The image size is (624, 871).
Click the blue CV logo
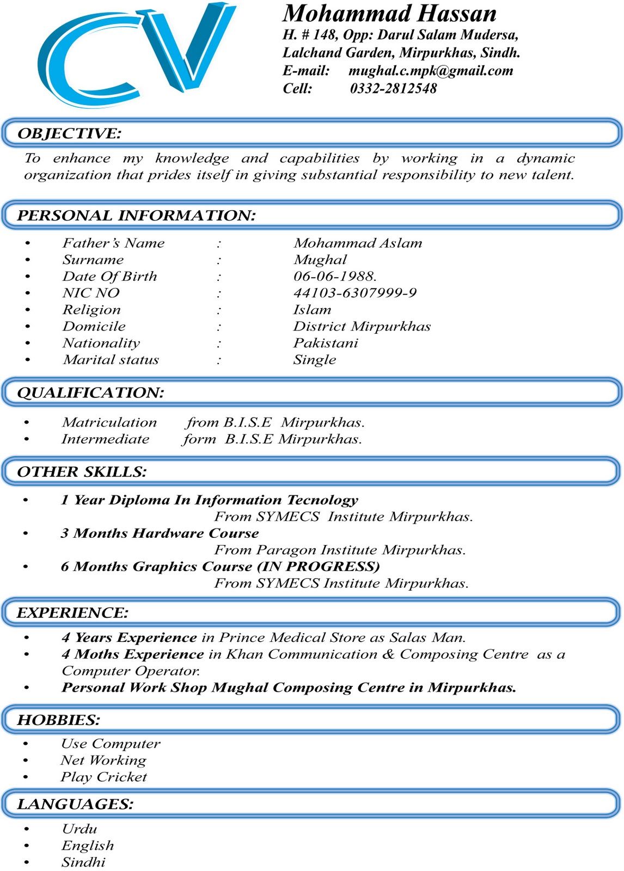click(x=136, y=54)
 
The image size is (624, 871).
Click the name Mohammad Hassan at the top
click(x=389, y=13)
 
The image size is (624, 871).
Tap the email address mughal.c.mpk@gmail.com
click(x=431, y=71)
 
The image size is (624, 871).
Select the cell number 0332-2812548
click(x=393, y=88)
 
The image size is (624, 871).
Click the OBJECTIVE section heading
click(x=69, y=133)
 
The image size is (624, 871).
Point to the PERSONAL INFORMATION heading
click(x=136, y=216)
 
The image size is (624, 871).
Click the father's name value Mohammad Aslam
click(x=358, y=243)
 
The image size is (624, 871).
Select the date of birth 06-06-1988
click(x=335, y=276)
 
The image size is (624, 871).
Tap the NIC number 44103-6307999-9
click(x=355, y=293)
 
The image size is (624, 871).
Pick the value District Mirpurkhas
click(x=362, y=326)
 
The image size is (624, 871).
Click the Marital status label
click(x=111, y=360)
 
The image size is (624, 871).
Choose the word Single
click(x=315, y=360)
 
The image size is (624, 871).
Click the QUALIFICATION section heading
click(x=90, y=392)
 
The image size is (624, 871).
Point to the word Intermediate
click(x=105, y=439)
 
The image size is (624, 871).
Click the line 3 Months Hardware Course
click(x=160, y=533)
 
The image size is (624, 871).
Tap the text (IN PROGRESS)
click(x=319, y=567)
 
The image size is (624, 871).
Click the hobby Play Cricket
click(x=103, y=777)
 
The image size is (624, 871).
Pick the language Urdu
click(x=79, y=829)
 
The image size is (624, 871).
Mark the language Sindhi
click(x=83, y=862)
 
